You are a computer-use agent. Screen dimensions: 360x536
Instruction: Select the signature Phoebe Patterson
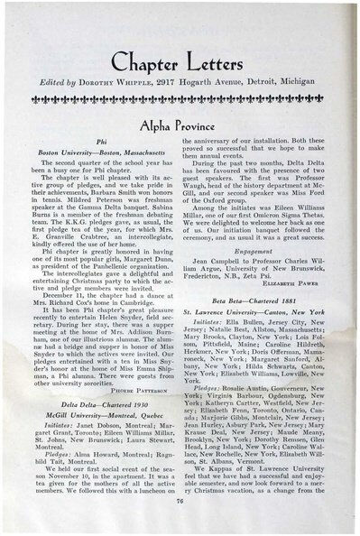[x=140, y=368]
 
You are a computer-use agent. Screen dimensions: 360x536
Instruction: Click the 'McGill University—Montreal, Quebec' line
[x=101, y=394]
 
